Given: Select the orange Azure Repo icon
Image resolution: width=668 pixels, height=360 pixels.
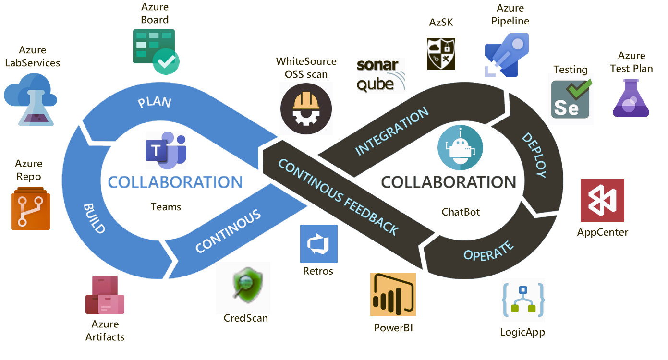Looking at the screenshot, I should pyautogui.click(x=30, y=208).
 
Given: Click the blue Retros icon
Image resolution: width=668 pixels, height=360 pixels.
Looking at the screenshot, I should pyautogui.click(x=318, y=244).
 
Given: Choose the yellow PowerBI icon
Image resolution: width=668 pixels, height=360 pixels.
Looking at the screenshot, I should pyautogui.click(x=392, y=294).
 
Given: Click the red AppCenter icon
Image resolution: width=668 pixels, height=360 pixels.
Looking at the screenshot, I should pyautogui.click(x=602, y=200).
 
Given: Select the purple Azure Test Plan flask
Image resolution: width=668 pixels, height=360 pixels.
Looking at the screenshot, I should pyautogui.click(x=631, y=98).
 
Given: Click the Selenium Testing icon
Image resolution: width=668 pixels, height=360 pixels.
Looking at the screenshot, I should pyautogui.click(x=571, y=99).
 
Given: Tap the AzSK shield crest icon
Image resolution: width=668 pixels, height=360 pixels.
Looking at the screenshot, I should pyautogui.click(x=441, y=54).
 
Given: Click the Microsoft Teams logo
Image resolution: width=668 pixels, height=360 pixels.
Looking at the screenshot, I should pyautogui.click(x=165, y=149).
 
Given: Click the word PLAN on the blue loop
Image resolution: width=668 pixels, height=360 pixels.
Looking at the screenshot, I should pyautogui.click(x=154, y=103).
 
